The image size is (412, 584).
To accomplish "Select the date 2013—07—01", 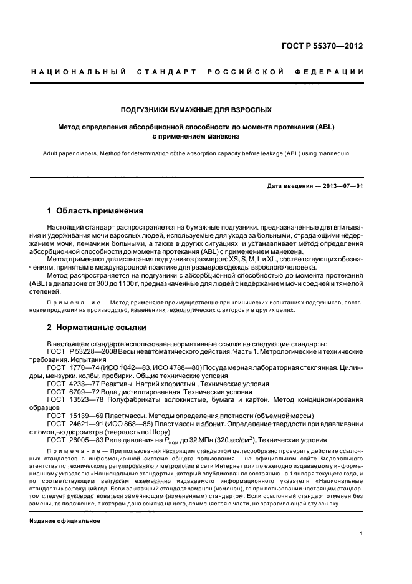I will click(x=342, y=186).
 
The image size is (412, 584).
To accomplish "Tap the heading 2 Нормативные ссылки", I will click(x=97, y=327).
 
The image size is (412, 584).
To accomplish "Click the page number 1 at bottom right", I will click(x=361, y=533).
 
